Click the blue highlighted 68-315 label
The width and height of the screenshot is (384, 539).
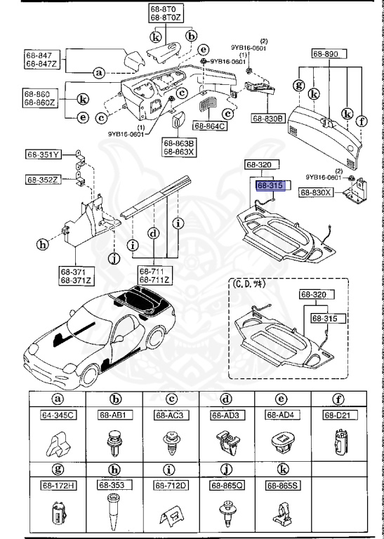(x=270, y=186)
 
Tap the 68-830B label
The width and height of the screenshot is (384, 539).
(x=267, y=119)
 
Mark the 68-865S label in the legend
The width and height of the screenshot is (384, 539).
(x=282, y=485)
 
